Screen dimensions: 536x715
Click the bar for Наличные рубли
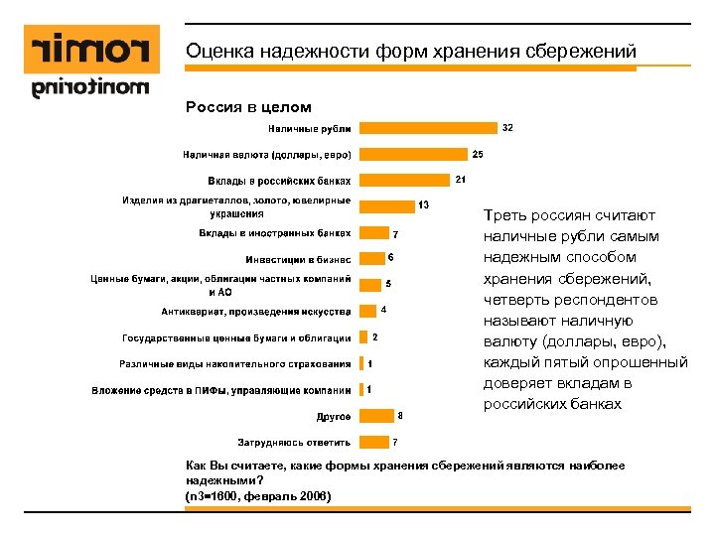pyautogui.click(x=428, y=128)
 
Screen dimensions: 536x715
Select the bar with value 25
pyautogui.click(x=412, y=155)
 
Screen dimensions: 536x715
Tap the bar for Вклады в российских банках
pyautogui.click(x=404, y=181)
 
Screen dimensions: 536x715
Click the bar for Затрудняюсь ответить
pyautogui.click(x=373, y=442)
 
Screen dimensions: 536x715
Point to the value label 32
pyautogui.click(x=507, y=128)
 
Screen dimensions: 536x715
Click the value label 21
pyautogui.click(x=461, y=180)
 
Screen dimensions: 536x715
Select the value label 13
pyautogui.click(x=423, y=205)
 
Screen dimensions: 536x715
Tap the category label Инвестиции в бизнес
pyautogui.click(x=298, y=259)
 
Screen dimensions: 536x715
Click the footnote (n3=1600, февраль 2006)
pyautogui.click(x=258, y=495)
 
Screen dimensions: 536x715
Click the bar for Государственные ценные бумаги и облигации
pyautogui.click(x=362, y=337)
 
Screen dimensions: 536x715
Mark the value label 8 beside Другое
pyautogui.click(x=400, y=414)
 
